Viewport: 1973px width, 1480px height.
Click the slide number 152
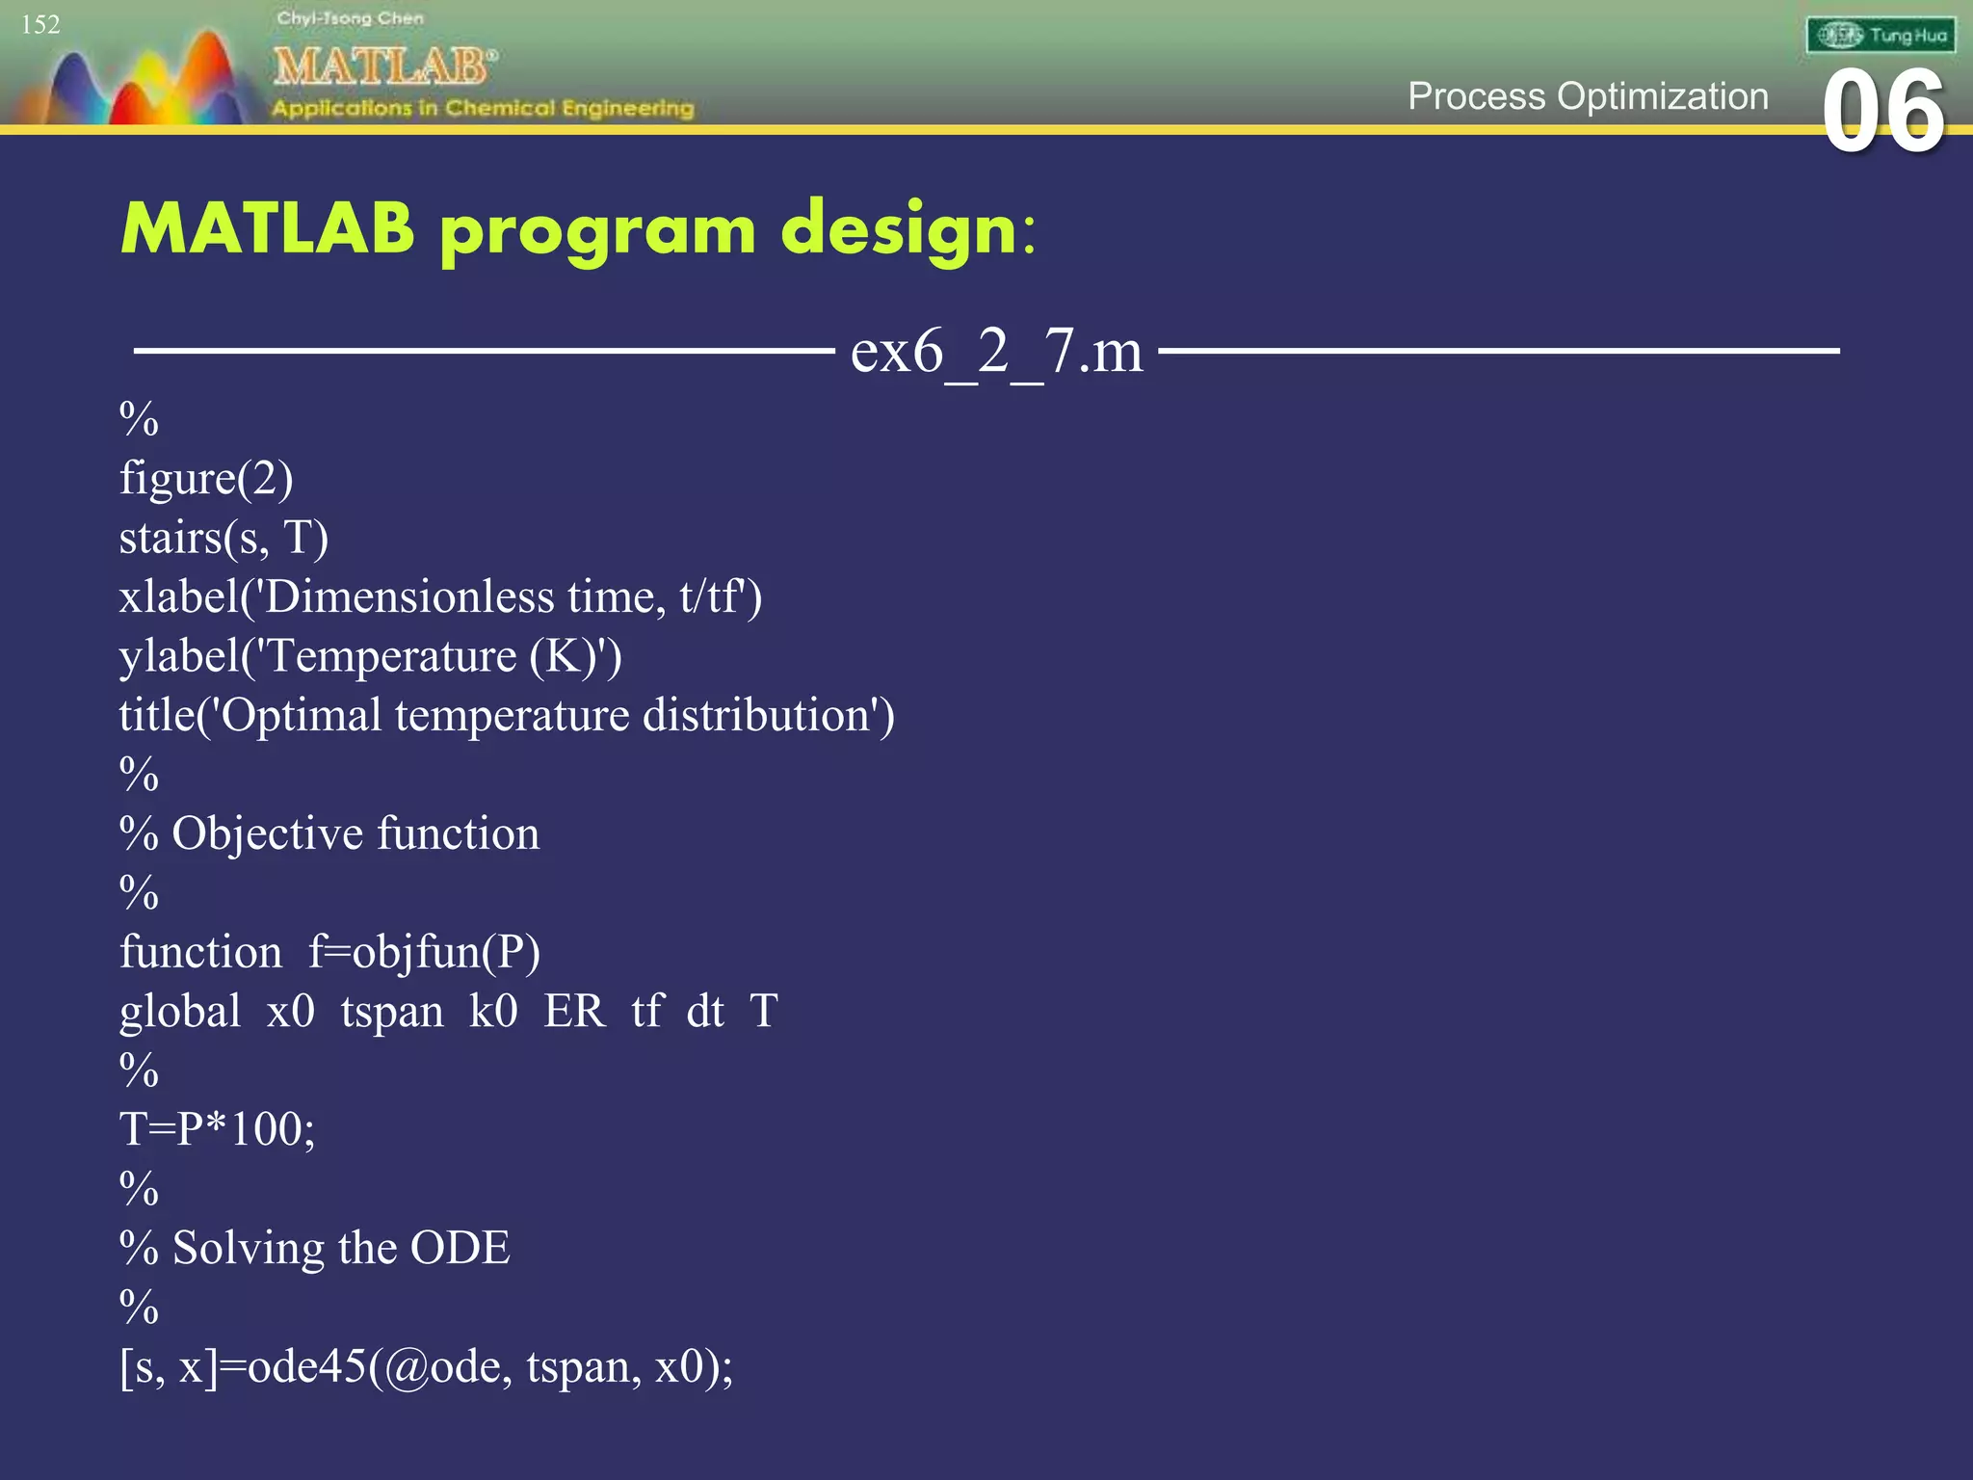click(40, 25)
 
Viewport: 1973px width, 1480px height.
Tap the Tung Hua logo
click(1881, 36)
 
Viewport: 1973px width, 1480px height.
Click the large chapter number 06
click(1883, 113)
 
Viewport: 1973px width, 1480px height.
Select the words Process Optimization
click(1588, 96)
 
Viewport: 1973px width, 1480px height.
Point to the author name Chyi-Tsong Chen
click(350, 18)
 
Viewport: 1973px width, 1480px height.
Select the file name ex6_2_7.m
click(996, 351)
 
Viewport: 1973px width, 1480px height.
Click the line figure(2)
click(206, 479)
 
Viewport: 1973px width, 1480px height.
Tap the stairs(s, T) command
click(224, 538)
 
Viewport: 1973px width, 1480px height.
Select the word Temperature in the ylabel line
click(391, 657)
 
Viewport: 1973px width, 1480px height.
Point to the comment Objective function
click(355, 834)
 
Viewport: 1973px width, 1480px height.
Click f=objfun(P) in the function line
click(424, 953)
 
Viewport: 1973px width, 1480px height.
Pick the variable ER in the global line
click(574, 1012)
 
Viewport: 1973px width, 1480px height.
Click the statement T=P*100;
click(217, 1129)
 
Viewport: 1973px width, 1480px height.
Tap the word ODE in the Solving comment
click(460, 1248)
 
